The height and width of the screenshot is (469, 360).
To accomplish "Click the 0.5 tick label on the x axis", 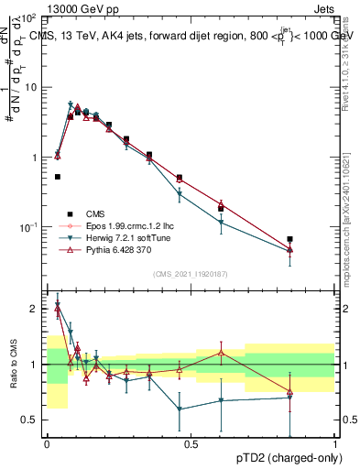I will click(x=191, y=443).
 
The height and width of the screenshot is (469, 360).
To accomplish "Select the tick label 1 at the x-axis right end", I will click(x=334, y=443).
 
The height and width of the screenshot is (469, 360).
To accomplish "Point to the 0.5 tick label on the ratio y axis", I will click(x=31, y=420).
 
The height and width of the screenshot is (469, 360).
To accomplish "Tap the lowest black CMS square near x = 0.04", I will click(x=58, y=177).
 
